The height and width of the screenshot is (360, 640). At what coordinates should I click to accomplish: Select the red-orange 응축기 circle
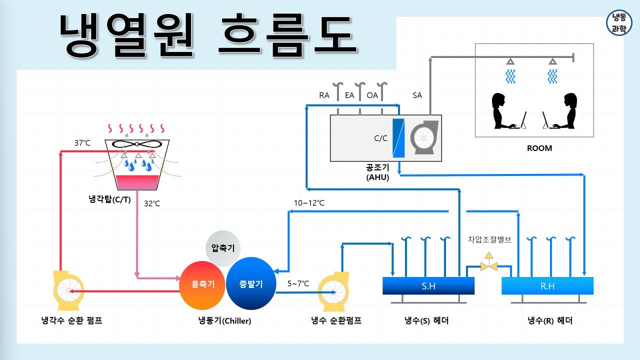(x=203, y=284)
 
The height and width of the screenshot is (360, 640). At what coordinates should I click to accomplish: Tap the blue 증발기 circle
(x=251, y=283)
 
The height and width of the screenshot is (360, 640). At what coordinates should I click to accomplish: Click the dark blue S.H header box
(x=428, y=286)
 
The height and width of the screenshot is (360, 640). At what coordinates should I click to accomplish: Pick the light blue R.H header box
(x=547, y=286)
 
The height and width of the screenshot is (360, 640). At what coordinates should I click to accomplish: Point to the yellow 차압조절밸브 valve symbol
(x=488, y=265)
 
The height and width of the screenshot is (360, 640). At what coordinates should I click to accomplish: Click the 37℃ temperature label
(x=82, y=143)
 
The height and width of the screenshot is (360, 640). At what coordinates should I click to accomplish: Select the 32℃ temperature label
(x=152, y=203)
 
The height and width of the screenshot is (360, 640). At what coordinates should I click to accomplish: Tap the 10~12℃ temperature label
(x=309, y=203)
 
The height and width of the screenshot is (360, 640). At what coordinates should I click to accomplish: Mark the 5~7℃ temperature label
(x=298, y=283)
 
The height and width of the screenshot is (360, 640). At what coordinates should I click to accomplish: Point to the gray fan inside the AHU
(x=424, y=137)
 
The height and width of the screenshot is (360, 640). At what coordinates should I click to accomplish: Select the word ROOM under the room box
(x=539, y=148)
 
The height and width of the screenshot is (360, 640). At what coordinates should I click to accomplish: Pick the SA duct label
(x=417, y=95)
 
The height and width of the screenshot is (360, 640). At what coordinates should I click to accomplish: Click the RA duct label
(x=324, y=95)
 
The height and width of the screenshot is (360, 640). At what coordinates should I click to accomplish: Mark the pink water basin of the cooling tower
(x=137, y=182)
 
